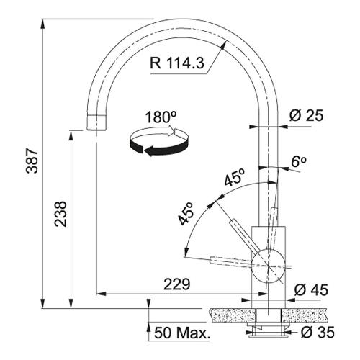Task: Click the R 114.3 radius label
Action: (x=177, y=63)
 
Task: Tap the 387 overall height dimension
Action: (x=32, y=161)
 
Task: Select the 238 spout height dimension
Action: (x=60, y=214)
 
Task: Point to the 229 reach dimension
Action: (x=177, y=284)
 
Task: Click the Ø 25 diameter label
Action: (x=306, y=116)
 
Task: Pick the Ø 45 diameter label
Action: (x=311, y=290)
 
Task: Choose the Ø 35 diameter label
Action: (x=318, y=332)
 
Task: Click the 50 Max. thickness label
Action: (x=181, y=333)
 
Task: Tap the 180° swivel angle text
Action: (x=161, y=117)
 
